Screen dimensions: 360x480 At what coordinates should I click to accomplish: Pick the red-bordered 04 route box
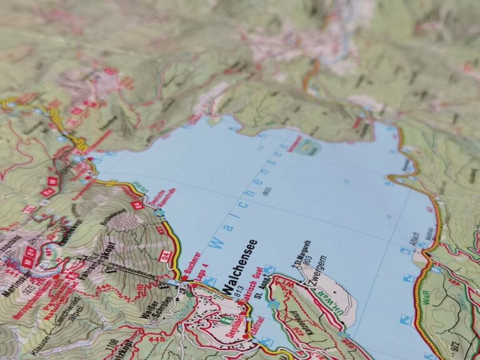165,255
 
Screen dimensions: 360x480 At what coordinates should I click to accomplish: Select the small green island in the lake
309,147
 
